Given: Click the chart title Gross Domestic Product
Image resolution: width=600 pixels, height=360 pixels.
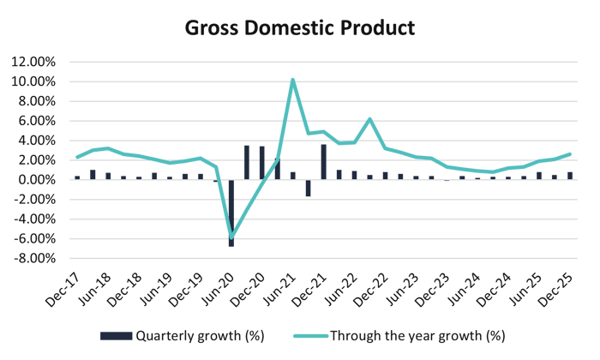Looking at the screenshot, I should [300, 28].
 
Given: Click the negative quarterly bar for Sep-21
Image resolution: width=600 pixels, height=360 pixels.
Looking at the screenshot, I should [308, 189].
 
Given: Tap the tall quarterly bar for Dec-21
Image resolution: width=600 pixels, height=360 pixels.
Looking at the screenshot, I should [323, 162].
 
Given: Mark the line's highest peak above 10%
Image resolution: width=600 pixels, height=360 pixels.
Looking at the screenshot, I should [293, 80].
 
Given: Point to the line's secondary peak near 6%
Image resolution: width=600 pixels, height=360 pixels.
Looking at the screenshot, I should [369, 118].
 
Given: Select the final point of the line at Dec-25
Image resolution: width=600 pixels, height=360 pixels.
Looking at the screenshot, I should [571, 154].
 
